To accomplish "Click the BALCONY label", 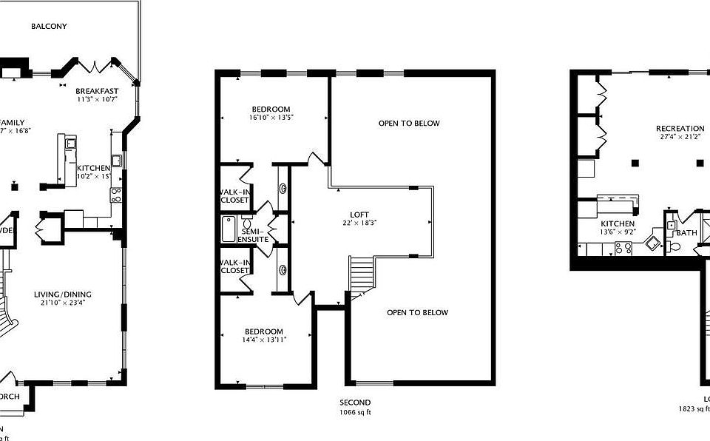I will click(50, 27).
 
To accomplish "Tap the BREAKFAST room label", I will click(97, 90).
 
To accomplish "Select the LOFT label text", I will click(359, 215).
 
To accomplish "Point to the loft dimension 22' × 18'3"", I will click(359, 223).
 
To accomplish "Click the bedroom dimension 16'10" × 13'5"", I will click(271, 117).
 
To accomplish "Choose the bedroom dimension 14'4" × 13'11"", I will click(263, 339).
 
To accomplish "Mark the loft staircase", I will click(361, 277).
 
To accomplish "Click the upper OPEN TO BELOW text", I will click(409, 124).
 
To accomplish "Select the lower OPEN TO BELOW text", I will click(418, 312).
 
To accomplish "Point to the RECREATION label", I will click(680, 129).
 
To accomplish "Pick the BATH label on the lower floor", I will click(686, 233).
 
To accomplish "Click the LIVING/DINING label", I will click(63, 294).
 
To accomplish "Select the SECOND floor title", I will click(350, 403).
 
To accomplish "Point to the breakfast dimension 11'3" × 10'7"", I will click(97, 98).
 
